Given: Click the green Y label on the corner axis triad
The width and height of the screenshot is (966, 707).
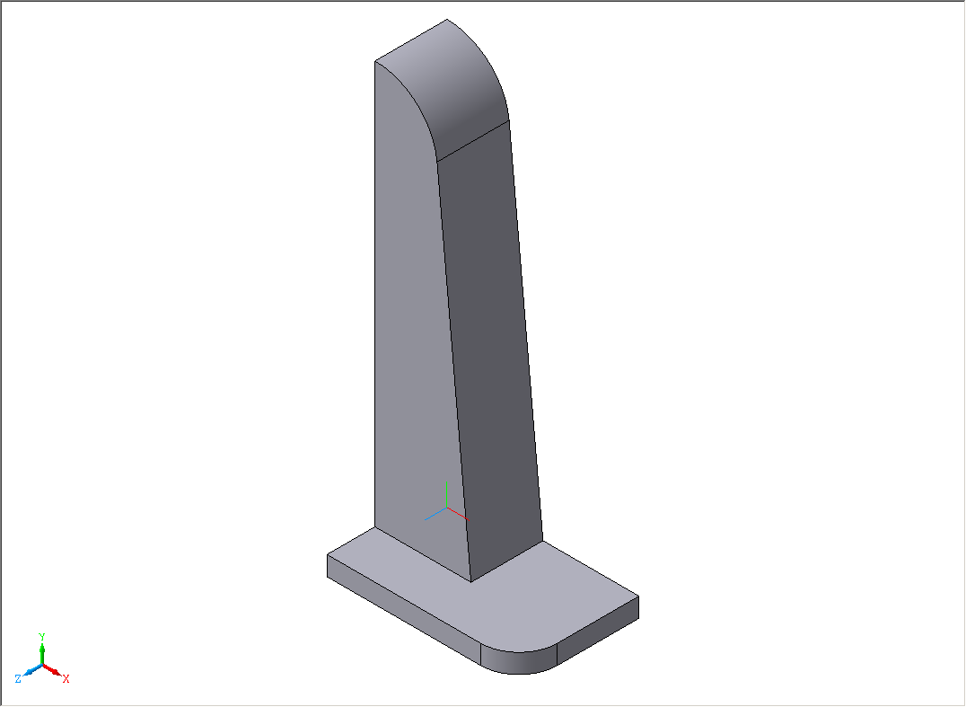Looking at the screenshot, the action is click(x=42, y=637).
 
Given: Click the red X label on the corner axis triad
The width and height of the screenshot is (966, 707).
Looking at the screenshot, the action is click(x=66, y=678).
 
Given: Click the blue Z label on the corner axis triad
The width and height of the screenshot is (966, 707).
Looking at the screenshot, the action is click(x=19, y=678).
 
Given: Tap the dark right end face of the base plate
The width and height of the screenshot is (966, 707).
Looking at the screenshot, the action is click(x=598, y=631).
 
